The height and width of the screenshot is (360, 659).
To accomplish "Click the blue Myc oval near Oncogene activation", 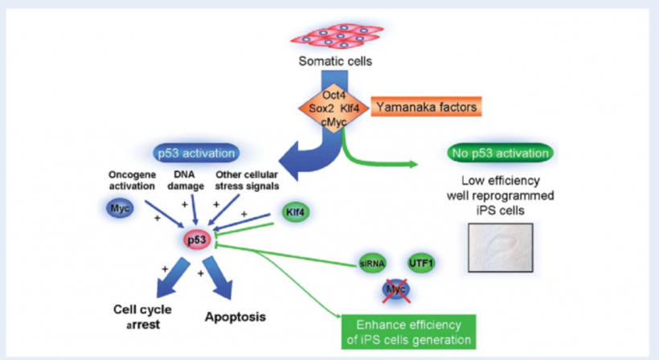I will (x=120, y=209).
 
